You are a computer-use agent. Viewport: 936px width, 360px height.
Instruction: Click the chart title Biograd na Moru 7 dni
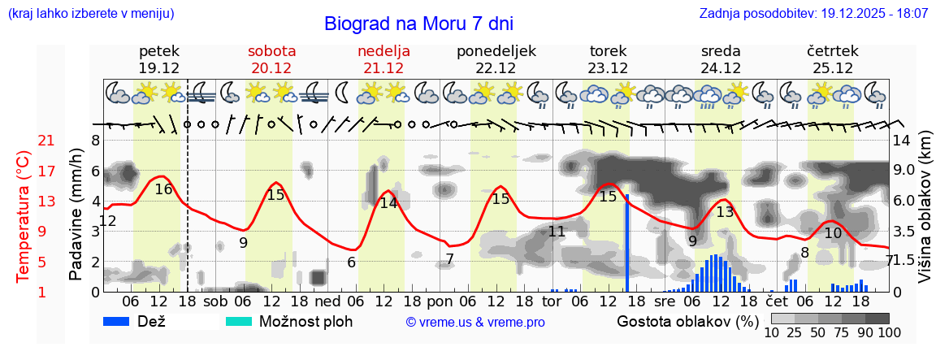(418, 24)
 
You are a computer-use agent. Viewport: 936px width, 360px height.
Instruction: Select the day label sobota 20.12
(271, 59)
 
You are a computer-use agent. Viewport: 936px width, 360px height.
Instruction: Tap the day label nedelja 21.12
(384, 59)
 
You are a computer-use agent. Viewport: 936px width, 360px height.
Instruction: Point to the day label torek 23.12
(608, 59)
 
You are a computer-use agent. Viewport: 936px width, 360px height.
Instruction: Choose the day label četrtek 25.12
(830, 59)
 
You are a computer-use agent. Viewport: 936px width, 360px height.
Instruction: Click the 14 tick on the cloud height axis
(902, 141)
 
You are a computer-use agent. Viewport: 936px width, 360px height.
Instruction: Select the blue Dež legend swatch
(122, 321)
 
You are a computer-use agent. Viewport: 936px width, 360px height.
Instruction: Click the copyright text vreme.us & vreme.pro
(475, 323)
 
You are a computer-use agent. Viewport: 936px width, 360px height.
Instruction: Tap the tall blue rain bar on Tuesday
(627, 244)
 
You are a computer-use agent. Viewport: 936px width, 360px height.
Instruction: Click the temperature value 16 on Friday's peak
(163, 189)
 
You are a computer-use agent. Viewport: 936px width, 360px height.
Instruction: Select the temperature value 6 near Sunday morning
(351, 262)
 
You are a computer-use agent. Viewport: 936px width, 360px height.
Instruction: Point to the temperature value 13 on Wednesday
(725, 212)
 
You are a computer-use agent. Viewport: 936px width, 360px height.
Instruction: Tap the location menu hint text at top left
(91, 14)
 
